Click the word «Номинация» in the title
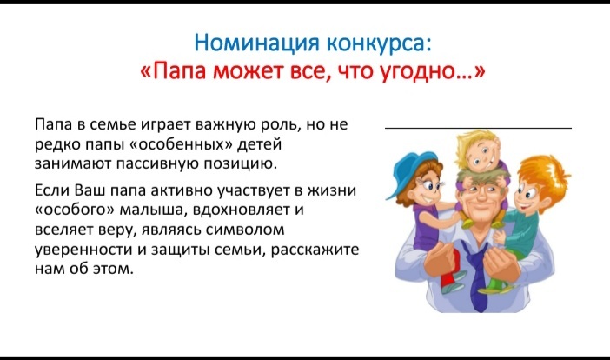(x=257, y=43)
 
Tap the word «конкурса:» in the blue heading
(x=380, y=43)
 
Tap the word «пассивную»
(x=158, y=163)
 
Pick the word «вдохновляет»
(x=241, y=210)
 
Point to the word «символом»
(x=245, y=230)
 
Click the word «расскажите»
(x=315, y=249)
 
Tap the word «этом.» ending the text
(x=113, y=269)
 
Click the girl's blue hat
(x=409, y=172)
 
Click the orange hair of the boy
(x=543, y=175)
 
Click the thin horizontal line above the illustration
(x=478, y=128)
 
